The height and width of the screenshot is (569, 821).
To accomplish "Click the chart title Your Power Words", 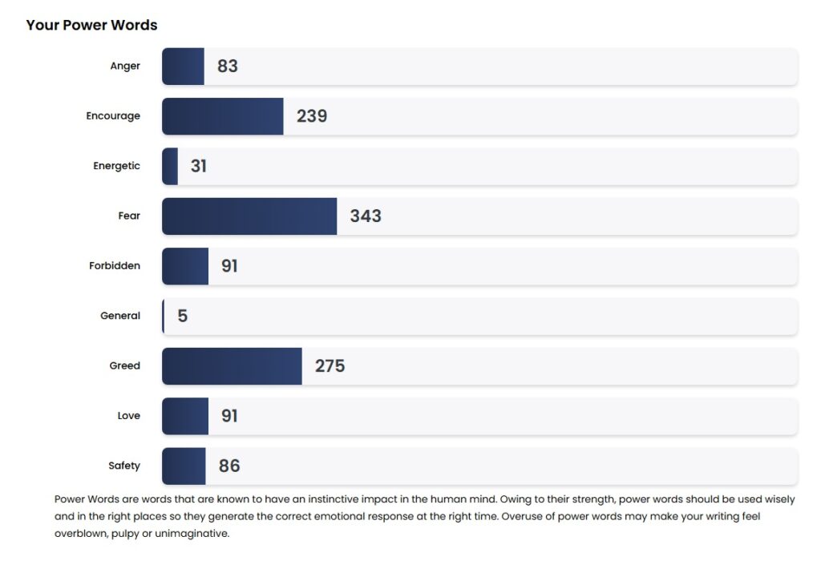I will click(x=91, y=25).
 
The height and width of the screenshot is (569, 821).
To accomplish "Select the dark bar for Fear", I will click(x=249, y=216).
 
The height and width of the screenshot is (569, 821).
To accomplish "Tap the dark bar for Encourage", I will click(x=223, y=116).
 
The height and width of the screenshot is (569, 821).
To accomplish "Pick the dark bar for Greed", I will click(x=232, y=366).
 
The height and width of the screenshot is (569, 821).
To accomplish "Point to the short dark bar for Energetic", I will click(x=170, y=167).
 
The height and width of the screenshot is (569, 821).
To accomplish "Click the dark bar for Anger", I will click(x=183, y=67).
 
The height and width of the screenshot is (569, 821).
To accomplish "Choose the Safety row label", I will click(x=124, y=466).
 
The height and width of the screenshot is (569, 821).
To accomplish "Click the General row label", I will click(x=120, y=316).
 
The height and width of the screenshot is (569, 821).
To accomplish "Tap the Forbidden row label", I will click(x=115, y=266).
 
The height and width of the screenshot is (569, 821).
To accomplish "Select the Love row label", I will click(x=128, y=416).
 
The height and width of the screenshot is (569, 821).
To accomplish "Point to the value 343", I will click(x=366, y=216).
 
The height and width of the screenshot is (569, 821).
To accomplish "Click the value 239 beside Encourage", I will click(x=312, y=116).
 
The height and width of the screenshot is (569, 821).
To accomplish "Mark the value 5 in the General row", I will click(x=183, y=317).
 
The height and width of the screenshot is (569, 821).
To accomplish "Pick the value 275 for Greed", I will click(x=330, y=366).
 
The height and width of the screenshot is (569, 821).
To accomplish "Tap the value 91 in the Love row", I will click(x=229, y=417).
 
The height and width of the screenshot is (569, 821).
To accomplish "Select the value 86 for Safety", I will click(x=229, y=466).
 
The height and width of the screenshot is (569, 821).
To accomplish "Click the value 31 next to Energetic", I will click(x=198, y=167).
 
